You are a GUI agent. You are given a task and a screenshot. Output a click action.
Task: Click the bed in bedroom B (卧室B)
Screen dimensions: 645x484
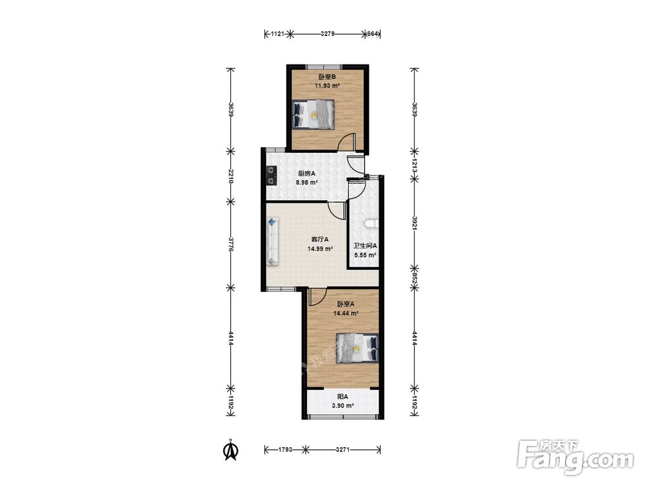313,114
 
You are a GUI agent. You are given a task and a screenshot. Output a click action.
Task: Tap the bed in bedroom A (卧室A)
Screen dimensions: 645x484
357,348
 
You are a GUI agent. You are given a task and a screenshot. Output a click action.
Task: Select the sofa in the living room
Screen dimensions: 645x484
273,241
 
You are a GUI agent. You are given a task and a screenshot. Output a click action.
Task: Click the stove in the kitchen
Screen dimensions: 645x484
272,175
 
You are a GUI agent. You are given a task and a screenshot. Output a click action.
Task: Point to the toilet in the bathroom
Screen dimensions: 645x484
371,224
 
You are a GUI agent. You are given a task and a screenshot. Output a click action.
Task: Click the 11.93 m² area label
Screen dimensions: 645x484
327,86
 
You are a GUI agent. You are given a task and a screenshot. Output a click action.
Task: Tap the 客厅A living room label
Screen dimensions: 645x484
320,239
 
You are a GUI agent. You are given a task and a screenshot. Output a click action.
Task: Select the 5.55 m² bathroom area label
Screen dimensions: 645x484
365,255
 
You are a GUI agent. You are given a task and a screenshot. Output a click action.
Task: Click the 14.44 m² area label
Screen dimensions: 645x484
346,313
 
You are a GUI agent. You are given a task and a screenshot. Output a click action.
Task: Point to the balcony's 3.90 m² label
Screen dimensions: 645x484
343,406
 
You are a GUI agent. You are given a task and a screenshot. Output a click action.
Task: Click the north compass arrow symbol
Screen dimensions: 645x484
231,450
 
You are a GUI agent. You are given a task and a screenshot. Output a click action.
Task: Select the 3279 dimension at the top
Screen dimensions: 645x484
328,34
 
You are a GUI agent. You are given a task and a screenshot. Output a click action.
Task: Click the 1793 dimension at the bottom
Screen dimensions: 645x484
285,449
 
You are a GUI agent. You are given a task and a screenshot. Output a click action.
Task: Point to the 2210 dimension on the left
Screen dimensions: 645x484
231,176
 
